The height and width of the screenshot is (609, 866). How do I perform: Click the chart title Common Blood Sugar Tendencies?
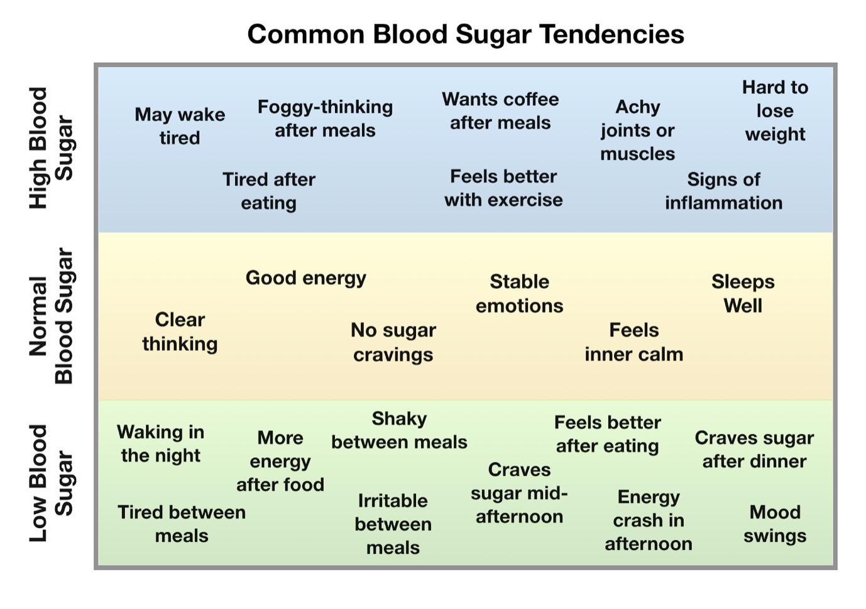(465, 34)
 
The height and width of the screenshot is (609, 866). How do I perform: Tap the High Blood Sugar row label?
(52, 148)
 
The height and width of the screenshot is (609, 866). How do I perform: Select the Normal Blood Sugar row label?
(52, 316)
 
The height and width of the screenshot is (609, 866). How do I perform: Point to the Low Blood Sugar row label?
(52, 483)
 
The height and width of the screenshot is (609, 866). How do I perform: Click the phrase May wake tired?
(180, 126)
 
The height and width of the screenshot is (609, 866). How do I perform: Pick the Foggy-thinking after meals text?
(325, 119)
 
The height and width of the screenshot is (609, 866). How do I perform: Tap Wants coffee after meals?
(500, 111)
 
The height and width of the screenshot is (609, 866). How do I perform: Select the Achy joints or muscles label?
(637, 130)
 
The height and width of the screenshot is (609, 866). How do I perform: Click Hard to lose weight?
(775, 110)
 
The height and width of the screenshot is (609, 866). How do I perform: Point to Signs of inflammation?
(723, 191)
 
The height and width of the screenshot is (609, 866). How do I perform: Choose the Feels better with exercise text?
(503, 188)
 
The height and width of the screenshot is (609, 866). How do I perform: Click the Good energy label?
(305, 278)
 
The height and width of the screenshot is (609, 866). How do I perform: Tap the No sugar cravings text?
(393, 342)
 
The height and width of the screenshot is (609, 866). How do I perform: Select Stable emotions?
(519, 294)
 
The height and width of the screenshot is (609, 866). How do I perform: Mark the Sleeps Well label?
(743, 294)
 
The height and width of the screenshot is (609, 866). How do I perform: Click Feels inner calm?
(633, 342)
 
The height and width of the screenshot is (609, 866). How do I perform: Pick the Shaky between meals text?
(399, 431)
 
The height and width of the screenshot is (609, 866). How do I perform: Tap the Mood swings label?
(775, 524)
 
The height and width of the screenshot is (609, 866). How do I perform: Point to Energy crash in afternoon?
(649, 520)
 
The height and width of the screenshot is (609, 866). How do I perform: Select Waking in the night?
(161, 444)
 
